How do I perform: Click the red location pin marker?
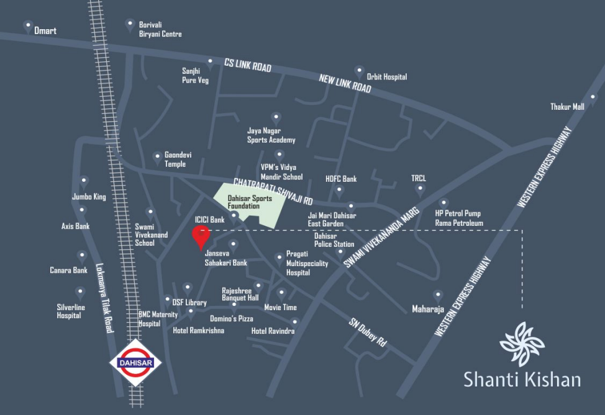[x=200, y=236]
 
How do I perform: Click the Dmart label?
[x=45, y=30]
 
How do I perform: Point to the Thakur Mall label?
[x=567, y=107]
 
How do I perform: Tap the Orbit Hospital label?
[x=386, y=77]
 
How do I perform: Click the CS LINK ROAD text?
[x=248, y=65]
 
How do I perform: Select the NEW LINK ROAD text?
[x=345, y=84]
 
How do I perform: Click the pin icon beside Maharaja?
[x=438, y=295]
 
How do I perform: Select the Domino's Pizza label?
[x=231, y=318]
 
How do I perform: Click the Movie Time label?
[x=280, y=307]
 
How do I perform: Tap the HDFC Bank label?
[x=341, y=179]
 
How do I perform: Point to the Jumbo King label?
[x=89, y=197]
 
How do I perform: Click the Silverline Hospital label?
[x=69, y=311]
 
